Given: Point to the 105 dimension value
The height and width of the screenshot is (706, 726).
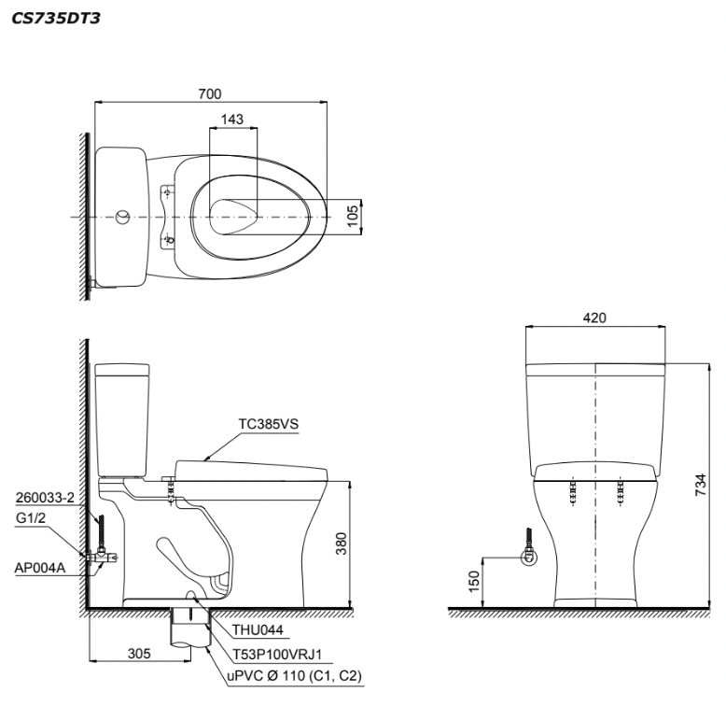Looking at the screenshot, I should (x=352, y=216).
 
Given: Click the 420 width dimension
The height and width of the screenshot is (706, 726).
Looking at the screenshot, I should (x=595, y=318).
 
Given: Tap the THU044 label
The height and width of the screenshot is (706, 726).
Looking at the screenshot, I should (x=247, y=630).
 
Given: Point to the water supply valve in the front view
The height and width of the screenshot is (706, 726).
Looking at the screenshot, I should (x=529, y=558).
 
